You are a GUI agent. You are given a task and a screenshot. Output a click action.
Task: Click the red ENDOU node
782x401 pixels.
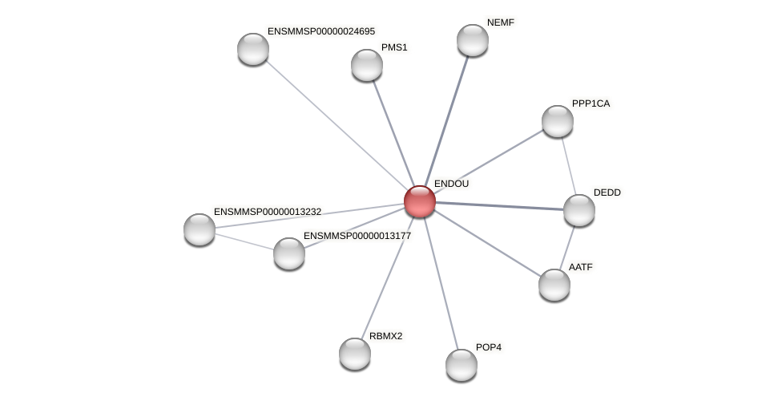click(x=419, y=201)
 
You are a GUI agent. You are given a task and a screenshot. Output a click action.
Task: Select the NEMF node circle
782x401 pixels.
click(x=473, y=40)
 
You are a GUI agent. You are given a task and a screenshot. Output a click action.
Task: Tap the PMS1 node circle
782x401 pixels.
click(x=367, y=65)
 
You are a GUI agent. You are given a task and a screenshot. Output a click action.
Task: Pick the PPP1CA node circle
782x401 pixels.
click(x=558, y=121)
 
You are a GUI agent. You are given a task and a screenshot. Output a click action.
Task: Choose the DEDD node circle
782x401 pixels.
click(x=579, y=210)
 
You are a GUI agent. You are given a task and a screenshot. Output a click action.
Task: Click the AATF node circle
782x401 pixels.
click(x=554, y=285)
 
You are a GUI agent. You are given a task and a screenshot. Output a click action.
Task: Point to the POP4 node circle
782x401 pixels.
click(x=462, y=365)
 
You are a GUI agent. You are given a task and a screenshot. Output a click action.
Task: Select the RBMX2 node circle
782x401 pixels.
click(x=355, y=354)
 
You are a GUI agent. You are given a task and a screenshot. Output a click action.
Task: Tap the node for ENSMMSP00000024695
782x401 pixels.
click(x=253, y=49)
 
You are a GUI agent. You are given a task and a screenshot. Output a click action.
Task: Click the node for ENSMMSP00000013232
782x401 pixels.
click(x=200, y=229)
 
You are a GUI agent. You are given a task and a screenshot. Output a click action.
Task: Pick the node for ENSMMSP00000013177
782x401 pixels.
click(x=289, y=253)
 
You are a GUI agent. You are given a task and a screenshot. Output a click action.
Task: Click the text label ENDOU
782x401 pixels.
click(x=451, y=184)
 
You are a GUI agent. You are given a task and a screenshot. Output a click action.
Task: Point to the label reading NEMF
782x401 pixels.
click(x=501, y=22)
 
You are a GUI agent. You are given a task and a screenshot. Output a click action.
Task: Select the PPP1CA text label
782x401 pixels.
click(x=591, y=103)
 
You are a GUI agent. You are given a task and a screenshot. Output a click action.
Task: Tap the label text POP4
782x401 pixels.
click(x=489, y=347)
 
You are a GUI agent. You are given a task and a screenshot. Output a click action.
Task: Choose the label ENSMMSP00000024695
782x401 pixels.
click(x=320, y=31)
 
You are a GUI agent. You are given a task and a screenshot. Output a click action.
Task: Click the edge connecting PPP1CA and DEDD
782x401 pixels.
click(x=568, y=165)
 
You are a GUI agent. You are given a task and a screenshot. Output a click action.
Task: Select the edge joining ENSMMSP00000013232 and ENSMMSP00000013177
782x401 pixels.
click(x=244, y=241)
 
